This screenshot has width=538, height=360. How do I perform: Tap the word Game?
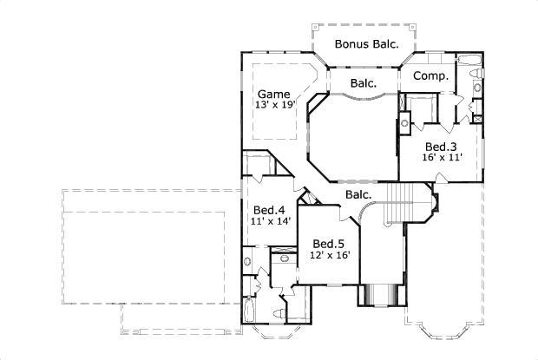[x=273, y=93]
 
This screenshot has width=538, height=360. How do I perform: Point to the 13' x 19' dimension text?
[x=276, y=105]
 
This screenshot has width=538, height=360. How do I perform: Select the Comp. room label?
[x=430, y=76]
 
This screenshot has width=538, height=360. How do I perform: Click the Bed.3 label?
[x=441, y=147]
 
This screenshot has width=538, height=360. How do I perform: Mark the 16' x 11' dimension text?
[x=442, y=158]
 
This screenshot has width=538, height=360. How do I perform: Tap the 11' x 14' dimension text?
[x=269, y=221]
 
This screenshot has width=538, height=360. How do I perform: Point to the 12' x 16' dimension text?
[x=330, y=255]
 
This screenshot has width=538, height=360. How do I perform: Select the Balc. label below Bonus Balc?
[x=364, y=84]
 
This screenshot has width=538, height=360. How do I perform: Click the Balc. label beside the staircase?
[x=358, y=195]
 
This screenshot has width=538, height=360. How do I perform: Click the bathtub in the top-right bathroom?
[x=466, y=61]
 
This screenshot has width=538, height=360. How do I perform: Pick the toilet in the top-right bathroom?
[x=476, y=79]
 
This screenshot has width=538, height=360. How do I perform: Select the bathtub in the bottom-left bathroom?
[x=251, y=311]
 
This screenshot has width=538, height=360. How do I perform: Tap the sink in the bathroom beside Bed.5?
[x=282, y=259]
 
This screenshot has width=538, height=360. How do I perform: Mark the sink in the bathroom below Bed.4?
[x=247, y=259]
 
